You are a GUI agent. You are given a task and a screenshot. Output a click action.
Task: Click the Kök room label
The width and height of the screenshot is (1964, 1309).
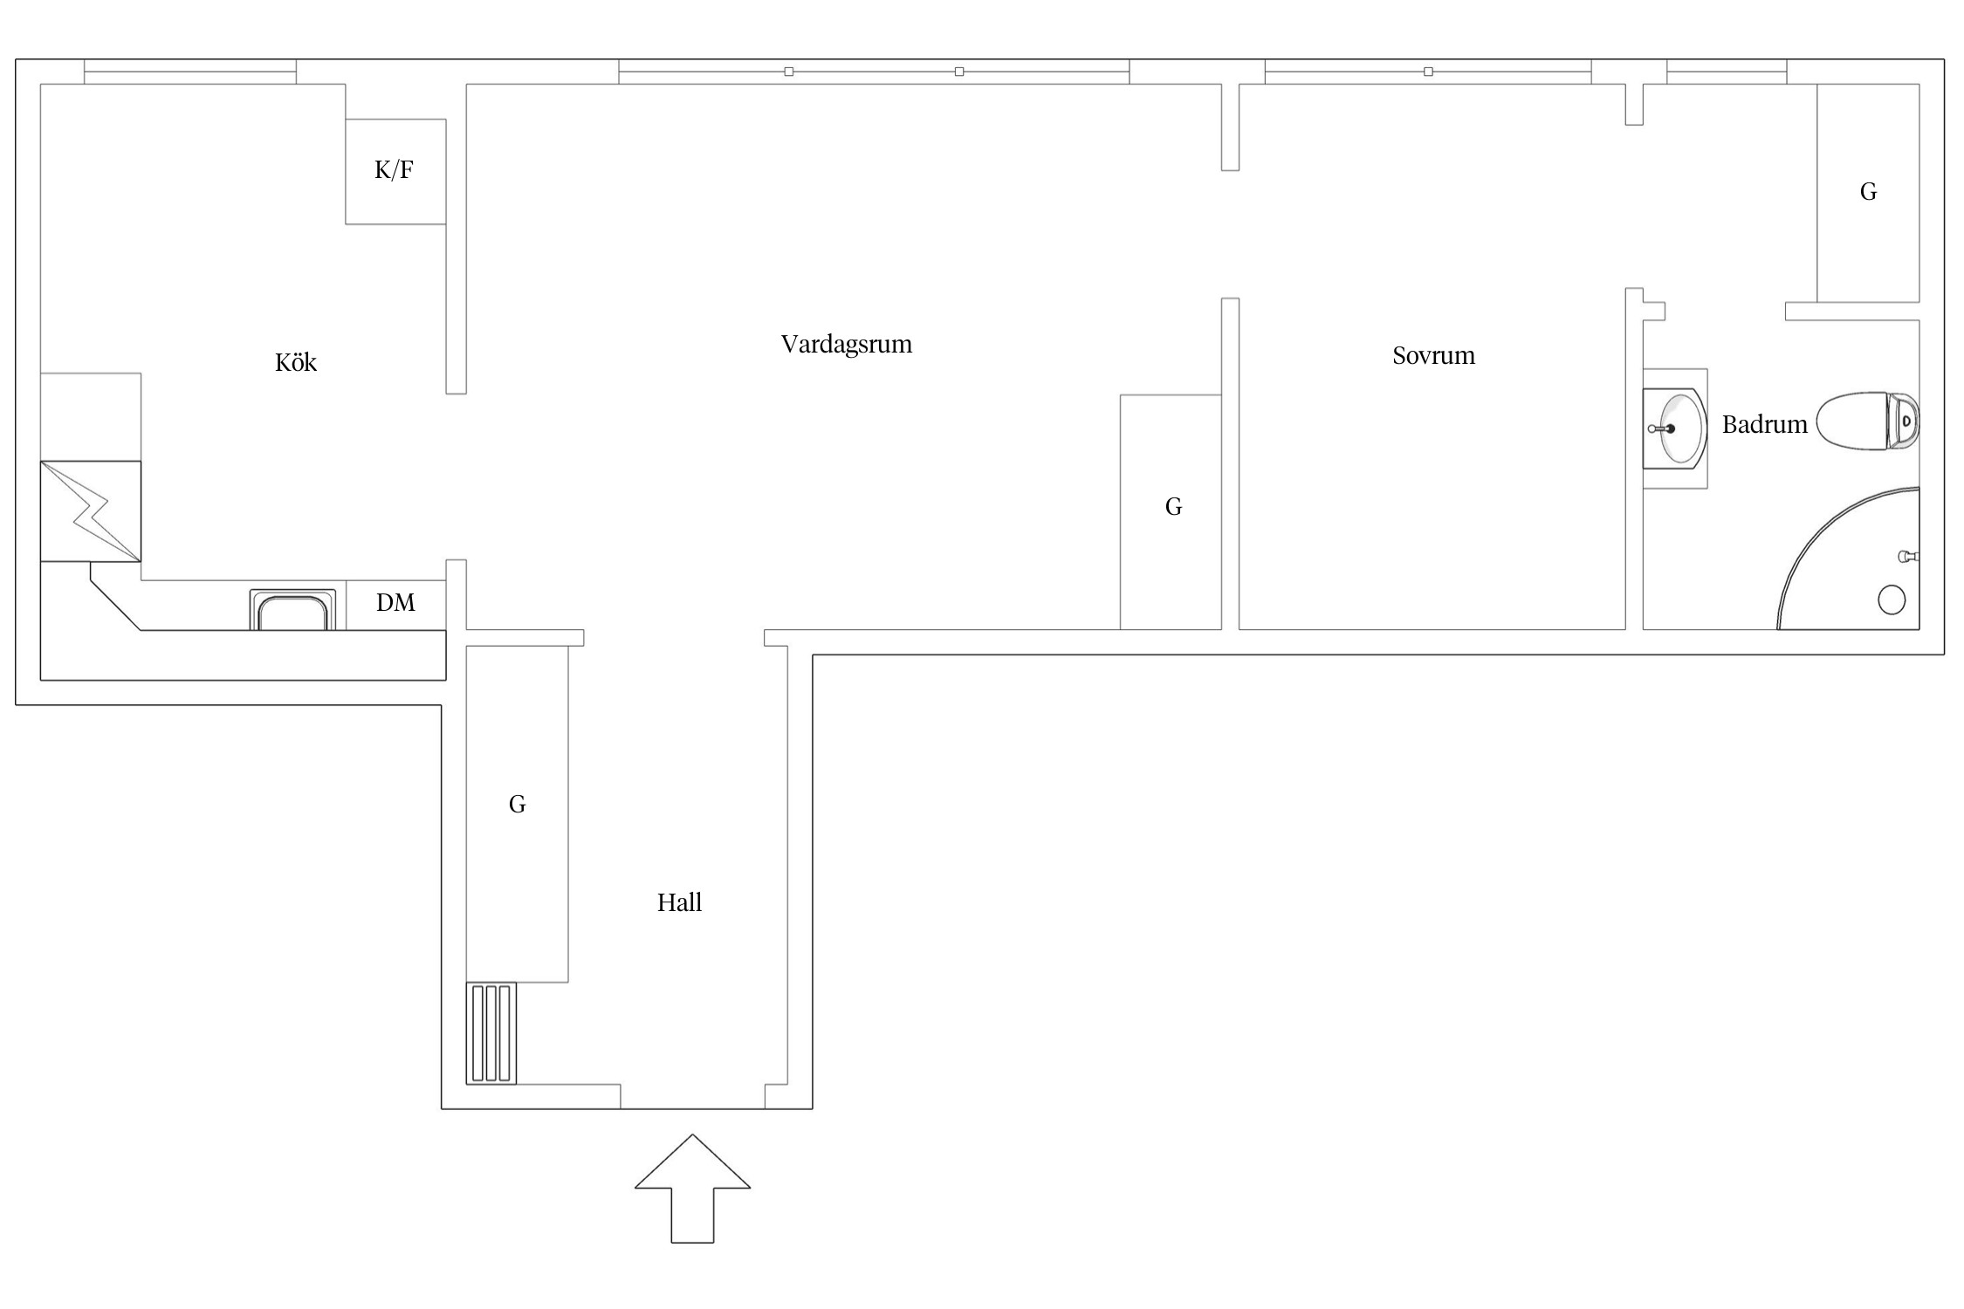[295, 362]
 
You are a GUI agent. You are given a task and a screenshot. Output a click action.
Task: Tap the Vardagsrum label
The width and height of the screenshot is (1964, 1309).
[846, 344]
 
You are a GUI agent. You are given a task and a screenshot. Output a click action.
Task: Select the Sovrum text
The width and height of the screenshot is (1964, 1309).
[1433, 355]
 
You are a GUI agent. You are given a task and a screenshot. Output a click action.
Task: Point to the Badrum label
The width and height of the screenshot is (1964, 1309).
[1764, 424]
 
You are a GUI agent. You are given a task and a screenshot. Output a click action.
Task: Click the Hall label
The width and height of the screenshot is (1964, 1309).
[679, 902]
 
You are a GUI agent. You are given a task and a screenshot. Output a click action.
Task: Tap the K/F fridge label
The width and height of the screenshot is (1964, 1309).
[394, 169]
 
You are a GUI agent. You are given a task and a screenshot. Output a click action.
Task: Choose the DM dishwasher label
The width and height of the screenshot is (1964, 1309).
[395, 602]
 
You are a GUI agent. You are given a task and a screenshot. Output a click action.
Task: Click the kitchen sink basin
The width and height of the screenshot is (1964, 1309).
[292, 610]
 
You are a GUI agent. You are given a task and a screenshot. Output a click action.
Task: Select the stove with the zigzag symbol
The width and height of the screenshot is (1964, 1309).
[91, 511]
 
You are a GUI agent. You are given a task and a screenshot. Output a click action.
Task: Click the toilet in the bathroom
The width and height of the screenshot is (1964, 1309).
[1867, 421]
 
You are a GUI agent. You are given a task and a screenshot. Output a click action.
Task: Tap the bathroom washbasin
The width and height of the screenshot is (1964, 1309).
[1674, 428]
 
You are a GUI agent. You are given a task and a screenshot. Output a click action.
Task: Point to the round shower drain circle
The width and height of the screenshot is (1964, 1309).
[1891, 600]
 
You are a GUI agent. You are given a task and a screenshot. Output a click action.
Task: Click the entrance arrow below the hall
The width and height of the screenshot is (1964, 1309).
[692, 1189]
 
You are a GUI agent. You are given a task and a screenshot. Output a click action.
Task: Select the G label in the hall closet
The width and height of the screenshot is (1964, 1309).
[517, 804]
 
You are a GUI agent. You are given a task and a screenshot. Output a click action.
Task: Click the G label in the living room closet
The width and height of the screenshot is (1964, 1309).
[1173, 506]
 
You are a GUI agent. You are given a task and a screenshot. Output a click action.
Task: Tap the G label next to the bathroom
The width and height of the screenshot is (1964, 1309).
[1868, 191]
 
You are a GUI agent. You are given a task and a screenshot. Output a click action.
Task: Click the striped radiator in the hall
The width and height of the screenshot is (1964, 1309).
[491, 1033]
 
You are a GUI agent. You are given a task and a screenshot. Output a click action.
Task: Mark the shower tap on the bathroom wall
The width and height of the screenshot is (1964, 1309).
[1909, 556]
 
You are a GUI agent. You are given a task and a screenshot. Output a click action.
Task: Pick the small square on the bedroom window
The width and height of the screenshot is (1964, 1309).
[1428, 72]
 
